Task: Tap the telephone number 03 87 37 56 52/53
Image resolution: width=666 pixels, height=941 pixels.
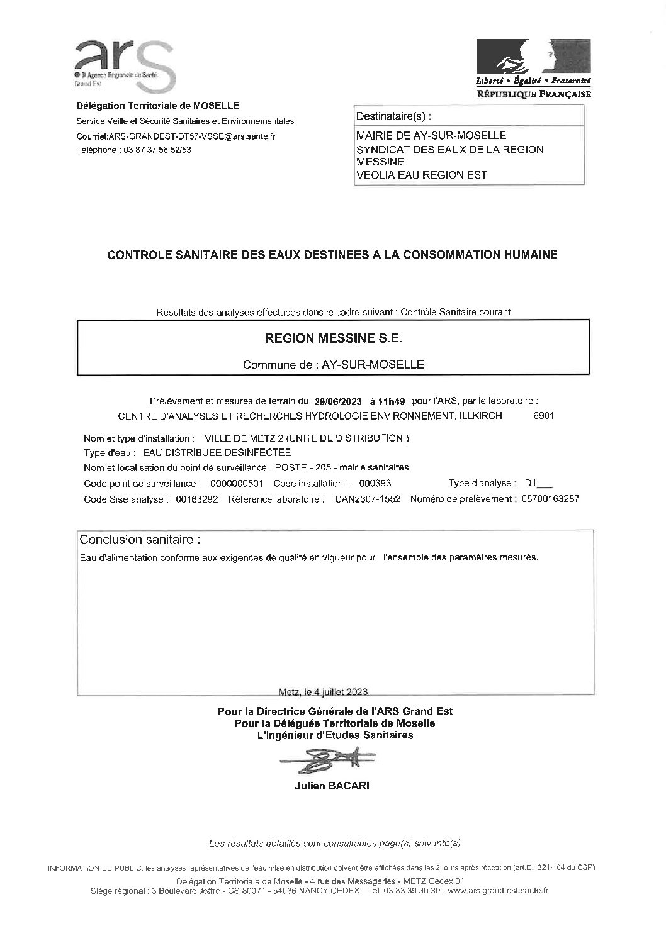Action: [157, 150]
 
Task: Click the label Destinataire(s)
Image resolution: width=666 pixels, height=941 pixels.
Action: [394, 116]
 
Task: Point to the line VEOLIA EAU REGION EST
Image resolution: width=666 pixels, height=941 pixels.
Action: [421, 175]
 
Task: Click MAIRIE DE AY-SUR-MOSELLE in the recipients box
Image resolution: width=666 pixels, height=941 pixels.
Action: [431, 135]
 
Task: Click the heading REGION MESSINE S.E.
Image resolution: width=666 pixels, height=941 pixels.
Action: [334, 338]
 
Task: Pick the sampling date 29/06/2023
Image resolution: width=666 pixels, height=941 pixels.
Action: [338, 401]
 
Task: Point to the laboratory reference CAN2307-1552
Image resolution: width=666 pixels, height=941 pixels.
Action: [368, 499]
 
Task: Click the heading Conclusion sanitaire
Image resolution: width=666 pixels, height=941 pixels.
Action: [140, 540]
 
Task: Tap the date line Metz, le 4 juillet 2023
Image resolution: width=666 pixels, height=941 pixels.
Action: [322, 691]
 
